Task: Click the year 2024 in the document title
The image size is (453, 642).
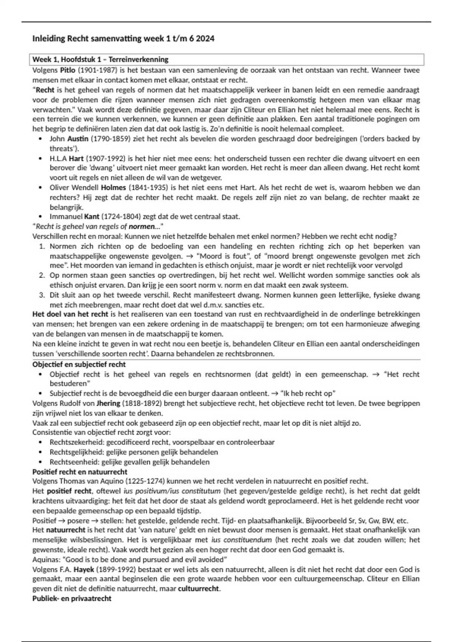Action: (x=205, y=39)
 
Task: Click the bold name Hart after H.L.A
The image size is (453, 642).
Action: (x=76, y=159)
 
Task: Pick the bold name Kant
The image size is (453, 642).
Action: (x=92, y=217)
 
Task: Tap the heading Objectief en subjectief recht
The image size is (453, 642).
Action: (x=79, y=364)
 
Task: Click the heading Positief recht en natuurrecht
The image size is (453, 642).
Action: (x=80, y=472)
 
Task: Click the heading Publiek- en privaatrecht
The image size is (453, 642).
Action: (x=72, y=599)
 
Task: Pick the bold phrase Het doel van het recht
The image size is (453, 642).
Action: (x=70, y=314)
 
